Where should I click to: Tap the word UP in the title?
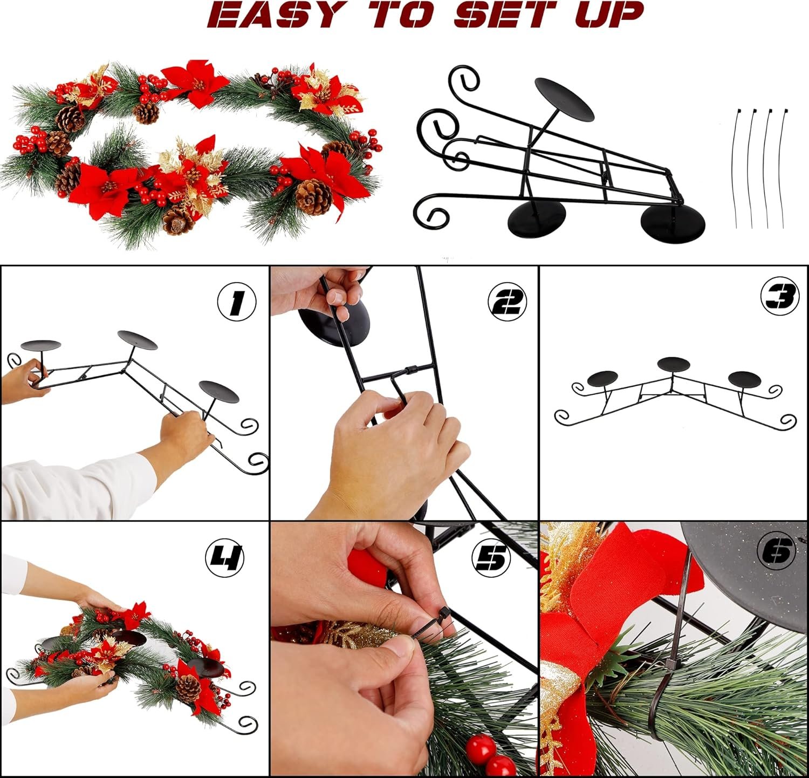point(609,15)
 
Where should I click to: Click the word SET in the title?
point(504,15)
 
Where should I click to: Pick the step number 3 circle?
point(779,295)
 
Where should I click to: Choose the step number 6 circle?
point(777,551)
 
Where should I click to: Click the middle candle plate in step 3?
point(674,364)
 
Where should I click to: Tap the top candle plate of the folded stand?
point(564,99)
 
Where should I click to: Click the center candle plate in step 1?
point(138,339)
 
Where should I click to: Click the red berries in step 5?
point(490,755)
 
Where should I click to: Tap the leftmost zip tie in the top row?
point(736,168)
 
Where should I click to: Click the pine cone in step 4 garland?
point(188,685)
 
